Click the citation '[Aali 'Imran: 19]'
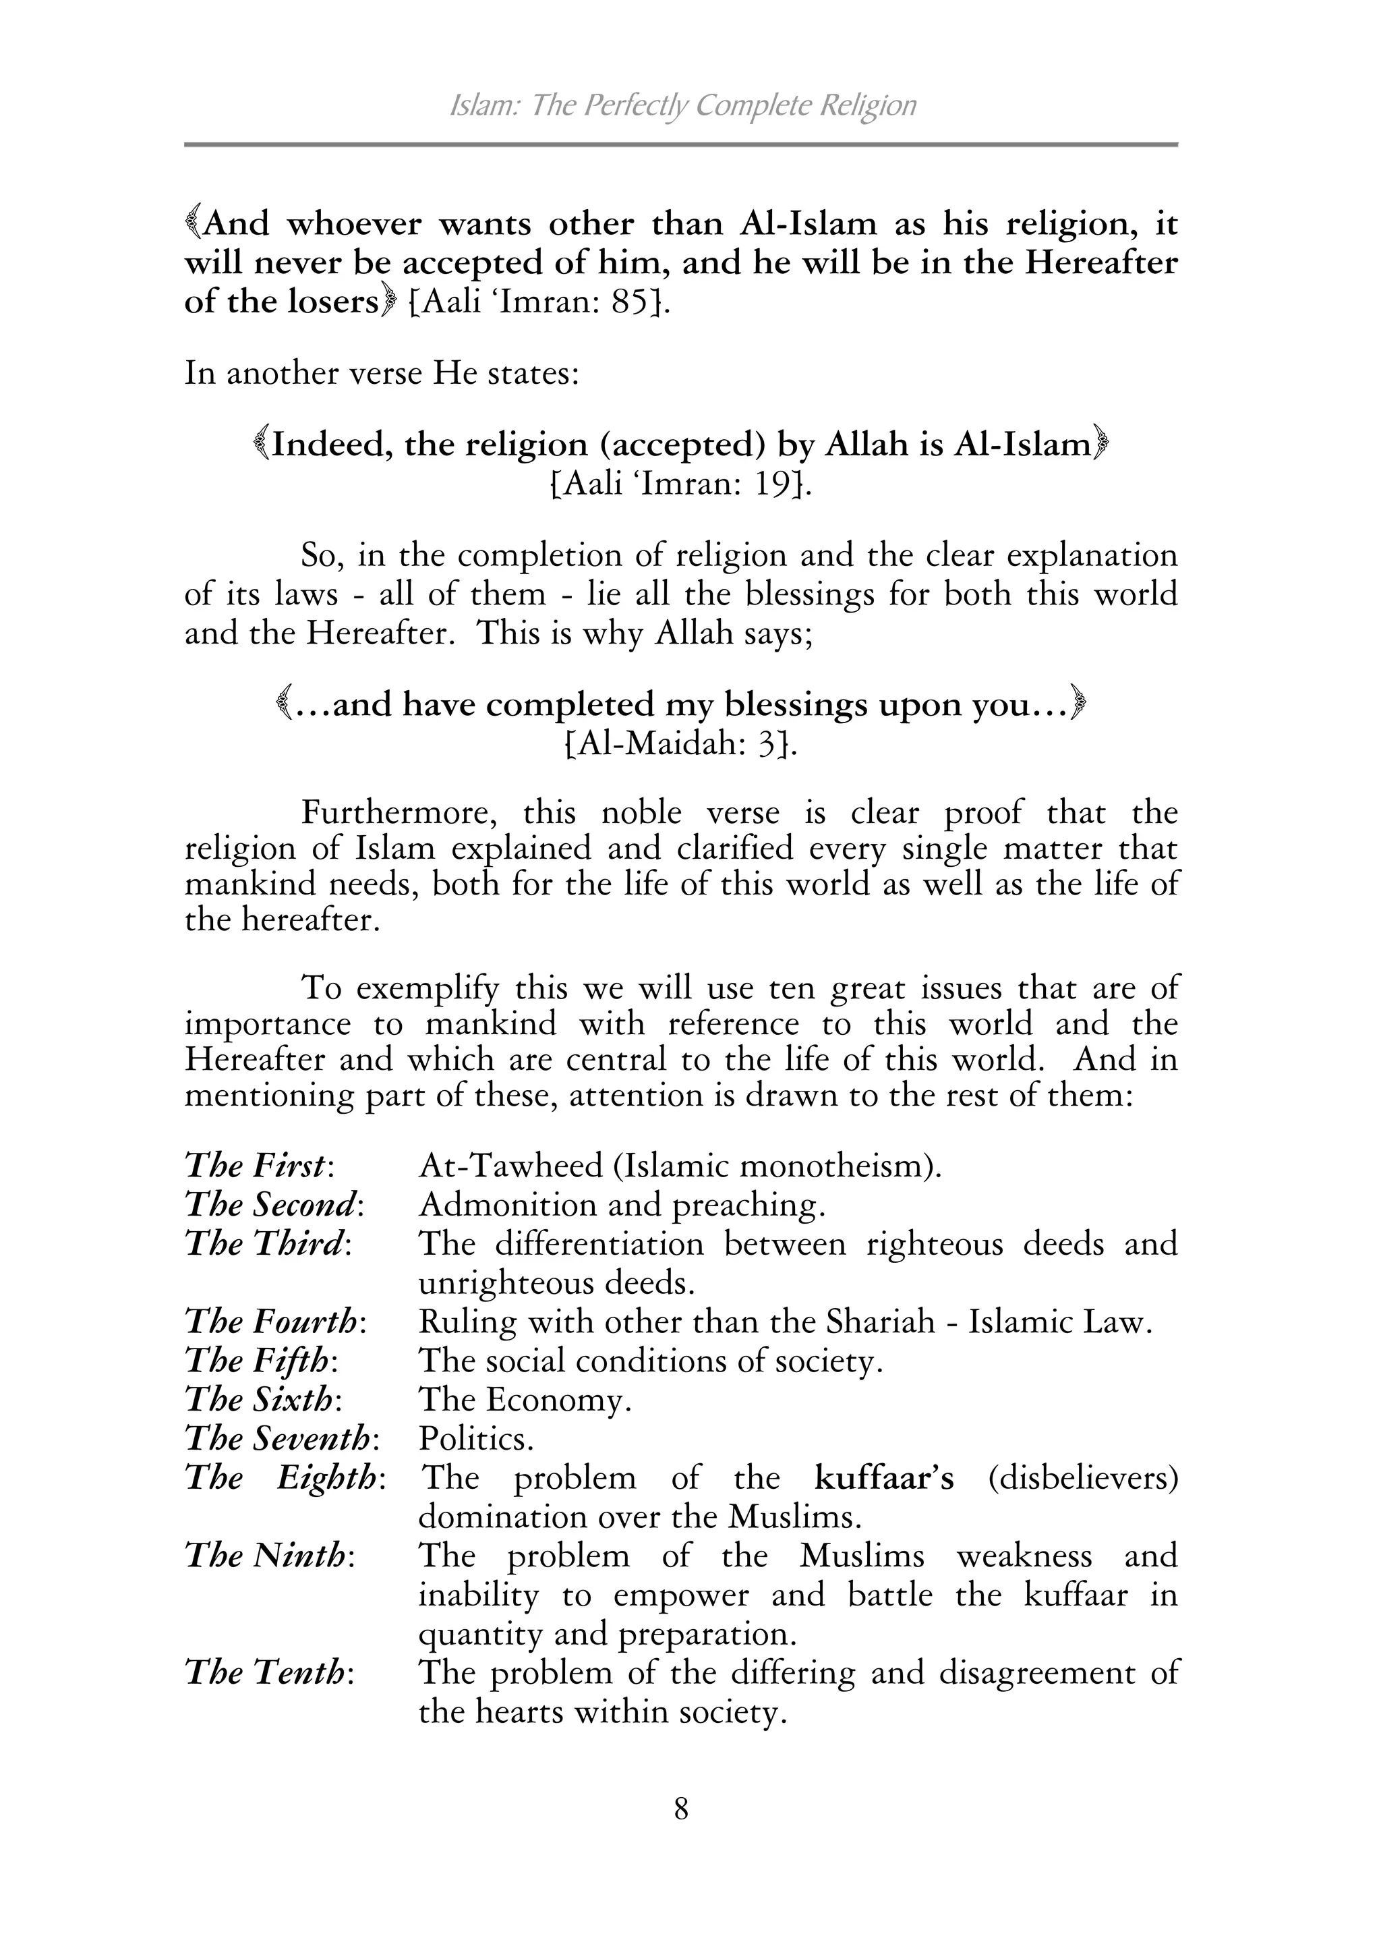[678, 484]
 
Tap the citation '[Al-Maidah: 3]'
[680, 744]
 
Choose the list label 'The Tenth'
[266, 1672]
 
